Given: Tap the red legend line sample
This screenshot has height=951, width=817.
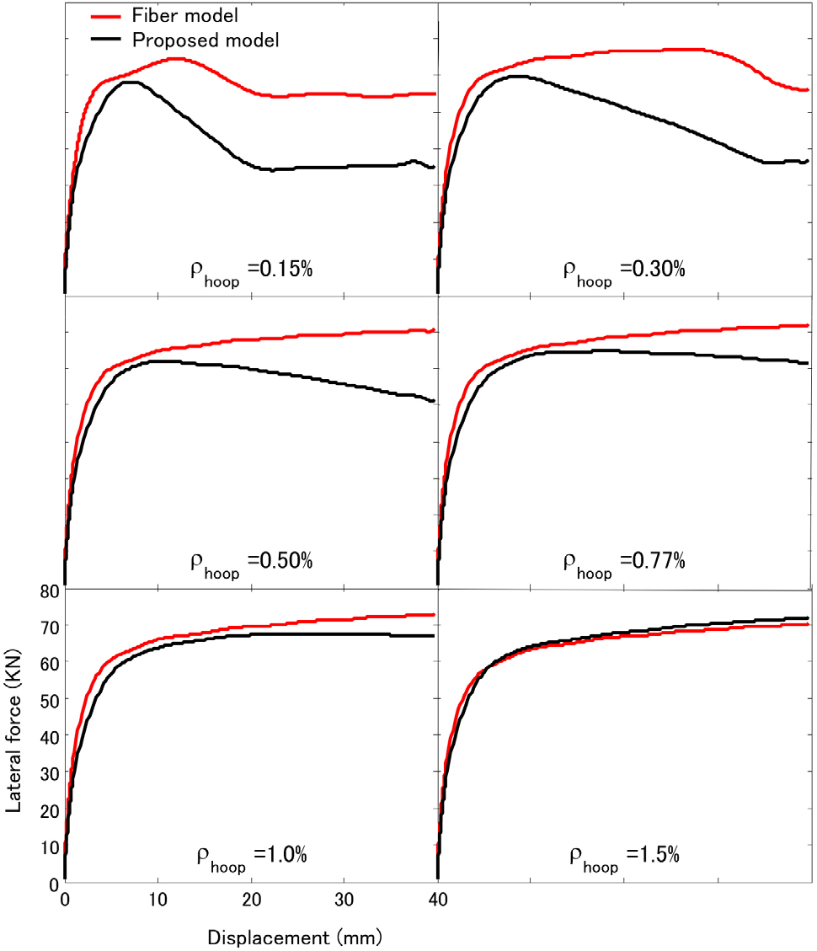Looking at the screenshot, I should (108, 15).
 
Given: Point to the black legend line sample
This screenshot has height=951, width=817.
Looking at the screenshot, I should (108, 40).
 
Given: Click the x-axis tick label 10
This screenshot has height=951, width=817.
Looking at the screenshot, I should (158, 901).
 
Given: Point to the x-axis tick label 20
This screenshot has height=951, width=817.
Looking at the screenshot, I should (251, 901).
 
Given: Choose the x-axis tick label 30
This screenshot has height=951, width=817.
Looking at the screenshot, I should (343, 901).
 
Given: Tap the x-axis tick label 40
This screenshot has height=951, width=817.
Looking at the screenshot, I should (437, 901).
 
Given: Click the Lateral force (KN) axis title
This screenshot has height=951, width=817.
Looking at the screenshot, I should (14, 736).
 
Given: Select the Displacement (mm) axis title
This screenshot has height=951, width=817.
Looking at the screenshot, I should (295, 937).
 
